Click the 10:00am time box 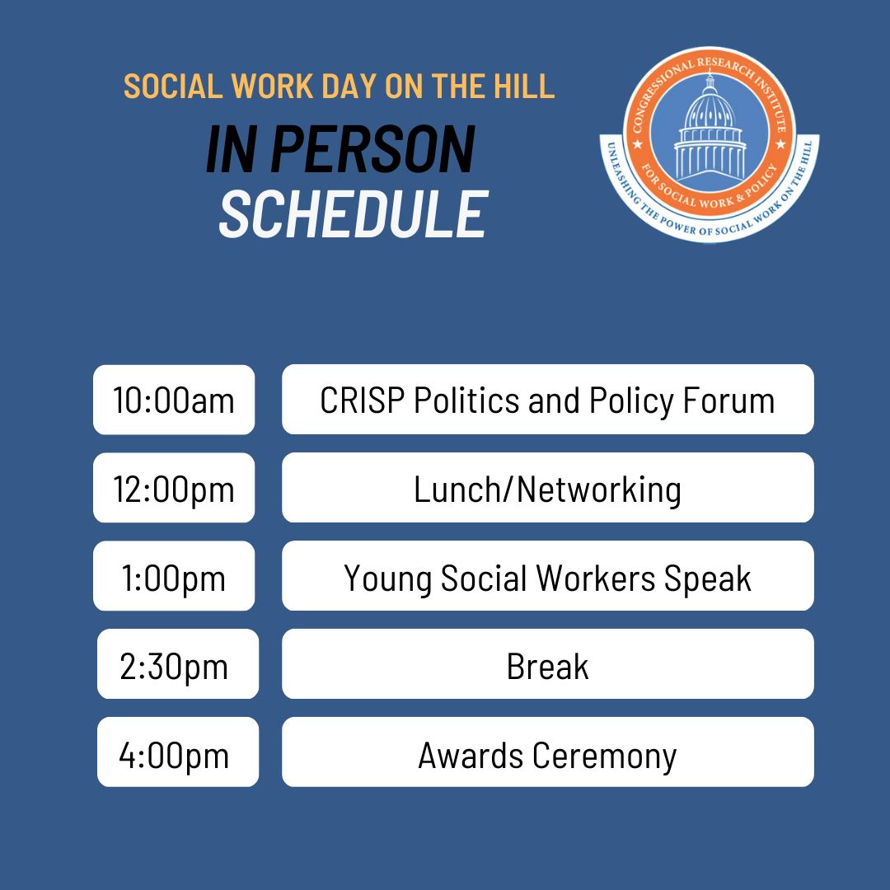[174, 400]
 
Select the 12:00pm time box [174, 489]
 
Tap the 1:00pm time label [174, 577]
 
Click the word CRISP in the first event [361, 400]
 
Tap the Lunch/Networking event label [547, 489]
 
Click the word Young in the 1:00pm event [387, 578]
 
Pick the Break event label [547, 666]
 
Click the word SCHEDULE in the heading [353, 214]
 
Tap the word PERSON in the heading [372, 150]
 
